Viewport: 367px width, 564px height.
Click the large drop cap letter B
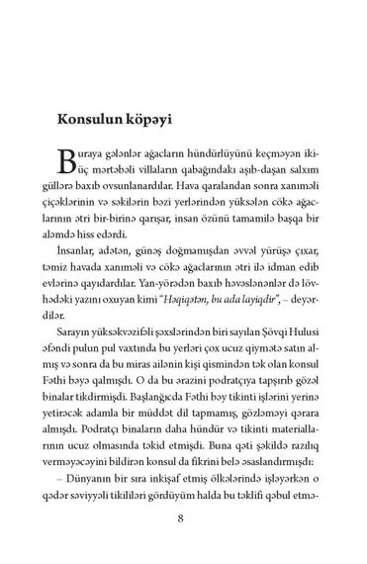pyautogui.click(x=61, y=160)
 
